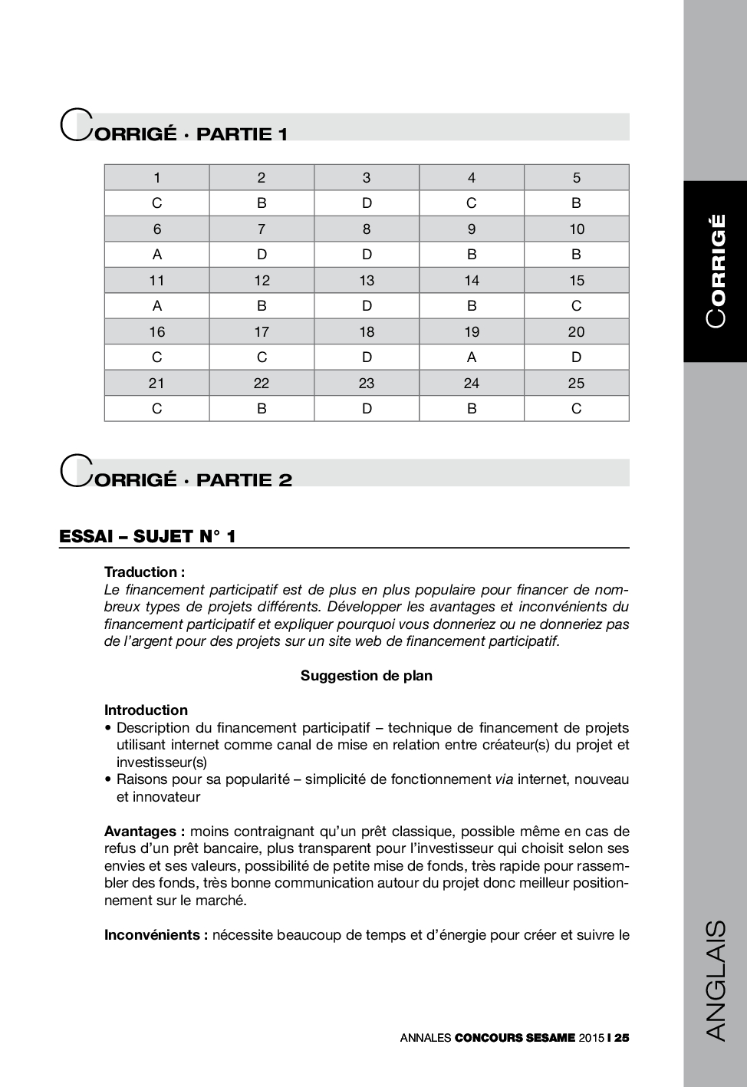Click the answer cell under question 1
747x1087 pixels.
(x=157, y=203)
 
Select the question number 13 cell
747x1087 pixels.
(x=367, y=281)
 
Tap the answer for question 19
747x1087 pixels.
(x=472, y=357)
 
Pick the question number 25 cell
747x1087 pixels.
(x=576, y=383)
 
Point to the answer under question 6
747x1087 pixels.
(x=157, y=255)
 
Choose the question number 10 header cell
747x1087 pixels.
(x=576, y=229)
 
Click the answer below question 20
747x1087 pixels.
(x=576, y=357)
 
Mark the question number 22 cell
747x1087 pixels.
(x=262, y=383)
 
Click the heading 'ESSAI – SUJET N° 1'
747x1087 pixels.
(x=147, y=536)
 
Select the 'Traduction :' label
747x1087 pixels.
(x=144, y=572)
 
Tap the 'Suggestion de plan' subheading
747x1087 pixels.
(x=367, y=676)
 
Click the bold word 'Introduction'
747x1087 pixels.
(x=146, y=710)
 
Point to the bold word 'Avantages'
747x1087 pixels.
(x=141, y=832)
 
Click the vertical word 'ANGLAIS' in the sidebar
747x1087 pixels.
(x=715, y=980)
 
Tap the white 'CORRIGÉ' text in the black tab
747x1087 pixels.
(x=716, y=271)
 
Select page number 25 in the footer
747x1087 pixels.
(x=621, y=1038)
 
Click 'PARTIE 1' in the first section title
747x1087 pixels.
(x=242, y=134)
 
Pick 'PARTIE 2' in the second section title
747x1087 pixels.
(x=244, y=480)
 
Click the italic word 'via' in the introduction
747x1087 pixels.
(x=504, y=779)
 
